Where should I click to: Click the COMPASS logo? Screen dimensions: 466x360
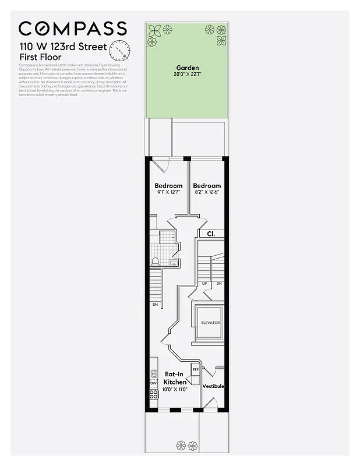click(x=73, y=28)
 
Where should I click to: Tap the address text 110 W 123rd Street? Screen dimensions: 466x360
click(x=63, y=47)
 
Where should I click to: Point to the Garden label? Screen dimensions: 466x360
click(x=187, y=68)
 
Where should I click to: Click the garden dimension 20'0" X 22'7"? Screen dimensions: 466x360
click(x=187, y=75)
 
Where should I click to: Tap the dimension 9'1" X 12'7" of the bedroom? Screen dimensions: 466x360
click(x=168, y=192)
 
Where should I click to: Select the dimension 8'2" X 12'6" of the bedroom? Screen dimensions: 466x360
click(x=207, y=192)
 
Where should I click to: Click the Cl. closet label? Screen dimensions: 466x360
click(x=211, y=234)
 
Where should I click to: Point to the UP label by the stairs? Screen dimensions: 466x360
click(x=204, y=284)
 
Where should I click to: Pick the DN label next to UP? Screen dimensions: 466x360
click(x=219, y=284)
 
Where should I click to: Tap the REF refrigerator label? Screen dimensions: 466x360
click(x=195, y=369)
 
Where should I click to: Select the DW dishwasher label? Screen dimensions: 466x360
click(x=154, y=383)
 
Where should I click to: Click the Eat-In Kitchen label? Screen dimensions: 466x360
click(x=175, y=378)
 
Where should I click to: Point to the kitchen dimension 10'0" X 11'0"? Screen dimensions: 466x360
click(x=175, y=389)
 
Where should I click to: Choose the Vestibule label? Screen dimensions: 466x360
click(x=213, y=386)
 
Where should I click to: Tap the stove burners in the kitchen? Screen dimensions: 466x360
click(x=154, y=394)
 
